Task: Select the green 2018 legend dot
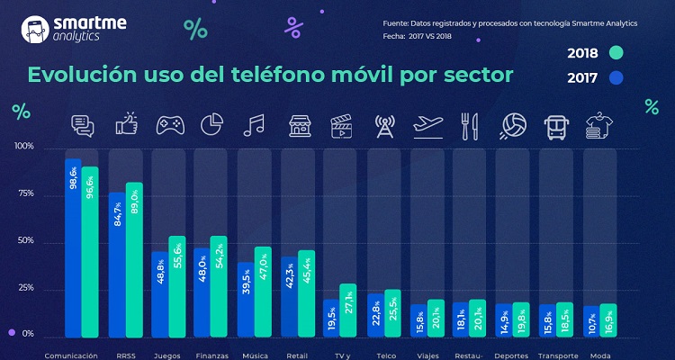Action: tap(616, 52)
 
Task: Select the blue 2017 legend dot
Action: tap(616, 77)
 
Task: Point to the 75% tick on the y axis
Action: tap(24, 193)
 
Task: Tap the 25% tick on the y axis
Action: tap(24, 288)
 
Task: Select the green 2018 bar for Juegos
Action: tap(176, 286)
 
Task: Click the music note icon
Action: tap(254, 124)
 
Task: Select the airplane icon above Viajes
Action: tap(427, 124)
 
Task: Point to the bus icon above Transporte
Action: tap(554, 124)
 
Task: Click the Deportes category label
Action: tap(512, 355)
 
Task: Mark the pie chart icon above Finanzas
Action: tap(211, 124)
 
